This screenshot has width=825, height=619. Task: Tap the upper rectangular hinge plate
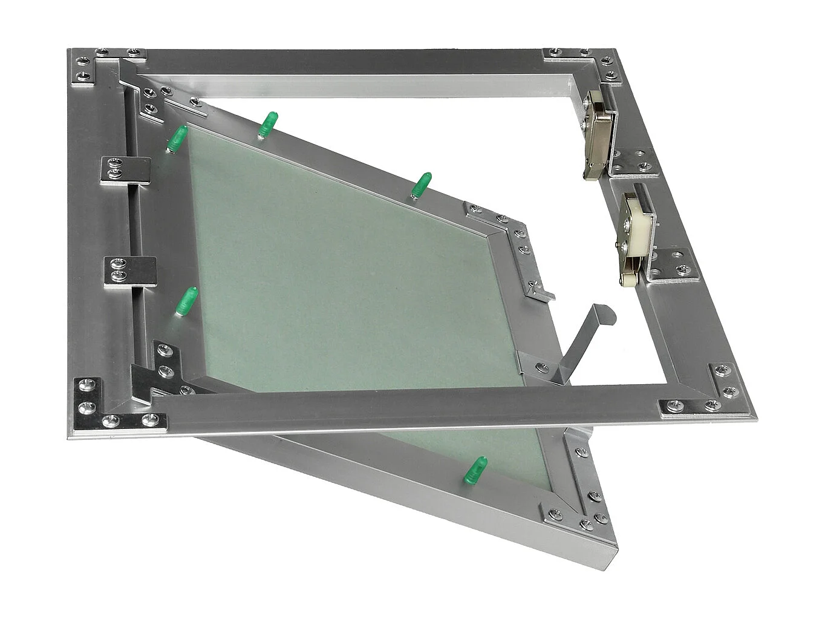tap(125, 169)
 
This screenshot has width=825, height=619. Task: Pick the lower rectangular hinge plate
tap(130, 270)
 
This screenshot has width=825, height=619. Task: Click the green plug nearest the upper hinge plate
tap(176, 139)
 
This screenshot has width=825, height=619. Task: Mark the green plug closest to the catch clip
tap(421, 184)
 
